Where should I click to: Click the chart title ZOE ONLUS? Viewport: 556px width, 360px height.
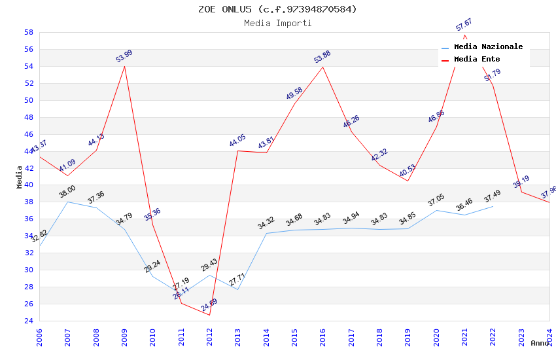tap(277, 9)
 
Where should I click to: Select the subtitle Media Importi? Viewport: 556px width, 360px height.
tap(277, 23)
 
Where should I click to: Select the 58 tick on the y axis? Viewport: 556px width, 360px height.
tap(29, 32)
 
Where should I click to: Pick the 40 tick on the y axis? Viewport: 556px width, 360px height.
tap(29, 185)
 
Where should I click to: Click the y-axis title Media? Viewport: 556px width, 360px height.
tap(20, 176)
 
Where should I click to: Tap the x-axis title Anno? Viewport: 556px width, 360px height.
tap(540, 343)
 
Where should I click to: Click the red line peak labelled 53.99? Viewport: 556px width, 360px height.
tap(124, 66)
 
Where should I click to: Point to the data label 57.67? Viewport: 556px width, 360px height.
tap(464, 25)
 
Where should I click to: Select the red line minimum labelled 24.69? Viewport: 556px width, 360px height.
tap(209, 315)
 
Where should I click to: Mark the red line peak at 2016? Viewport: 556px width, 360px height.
tap(322, 67)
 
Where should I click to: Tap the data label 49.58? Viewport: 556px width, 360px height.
tap(294, 94)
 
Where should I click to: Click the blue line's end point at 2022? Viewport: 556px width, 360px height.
tap(493, 206)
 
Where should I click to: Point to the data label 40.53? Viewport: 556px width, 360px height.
tap(408, 171)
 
